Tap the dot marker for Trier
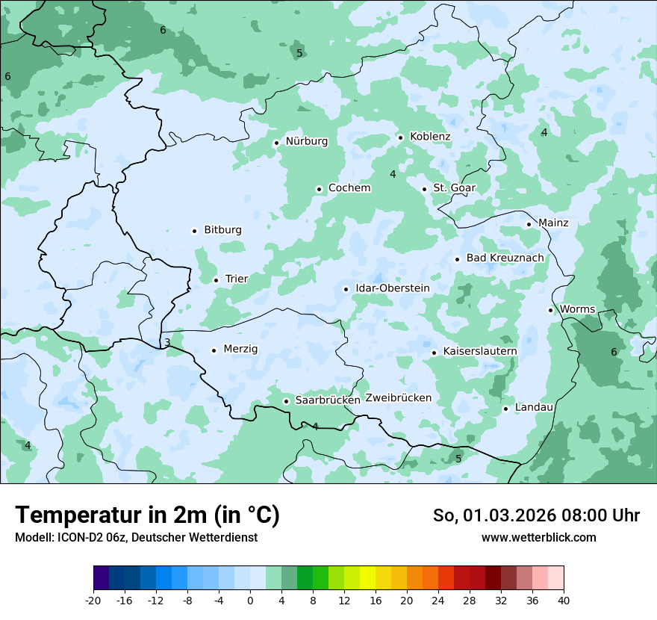pos(216,280)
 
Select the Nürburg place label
pos(306,141)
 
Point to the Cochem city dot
pos(319,189)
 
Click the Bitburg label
pos(222,230)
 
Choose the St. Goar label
pos(454,188)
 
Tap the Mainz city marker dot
pos(529,224)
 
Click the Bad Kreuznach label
pos(505,258)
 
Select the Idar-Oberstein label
pos(393,288)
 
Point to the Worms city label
pos(577,309)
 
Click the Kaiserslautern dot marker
pos(434,353)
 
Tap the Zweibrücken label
pos(399,398)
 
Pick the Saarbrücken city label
pos(328,400)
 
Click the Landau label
pos(534,407)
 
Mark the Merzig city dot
pos(214,350)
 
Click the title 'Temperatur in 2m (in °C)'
pos(147,515)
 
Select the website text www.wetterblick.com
pos(538,538)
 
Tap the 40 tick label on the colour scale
pos(563,600)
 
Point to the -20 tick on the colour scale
pos(93,600)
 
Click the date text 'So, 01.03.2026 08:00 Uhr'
pos(536,515)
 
